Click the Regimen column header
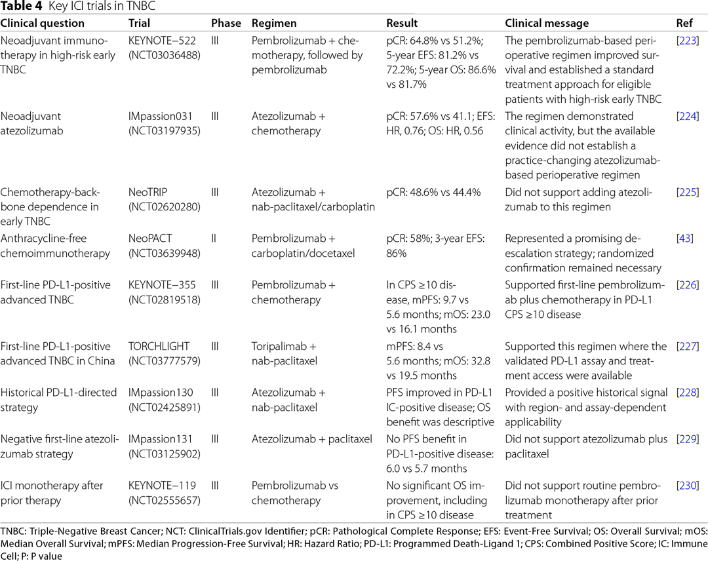[x=274, y=24]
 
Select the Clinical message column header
[x=547, y=23]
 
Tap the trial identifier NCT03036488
[x=165, y=55]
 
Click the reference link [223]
[x=688, y=41]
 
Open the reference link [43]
[x=685, y=239]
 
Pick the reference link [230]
[x=688, y=486]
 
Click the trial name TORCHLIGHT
[x=159, y=346]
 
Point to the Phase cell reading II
[x=214, y=239]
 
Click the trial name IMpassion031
[x=161, y=116]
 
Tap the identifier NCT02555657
[x=165, y=501]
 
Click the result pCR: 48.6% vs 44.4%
[x=433, y=192]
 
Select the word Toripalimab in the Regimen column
[x=279, y=346]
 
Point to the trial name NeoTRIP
[x=147, y=192]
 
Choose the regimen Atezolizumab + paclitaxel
[x=311, y=439]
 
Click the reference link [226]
[x=688, y=285]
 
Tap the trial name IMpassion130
[x=161, y=393]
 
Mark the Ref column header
[x=684, y=23]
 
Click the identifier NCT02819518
[x=165, y=300]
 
